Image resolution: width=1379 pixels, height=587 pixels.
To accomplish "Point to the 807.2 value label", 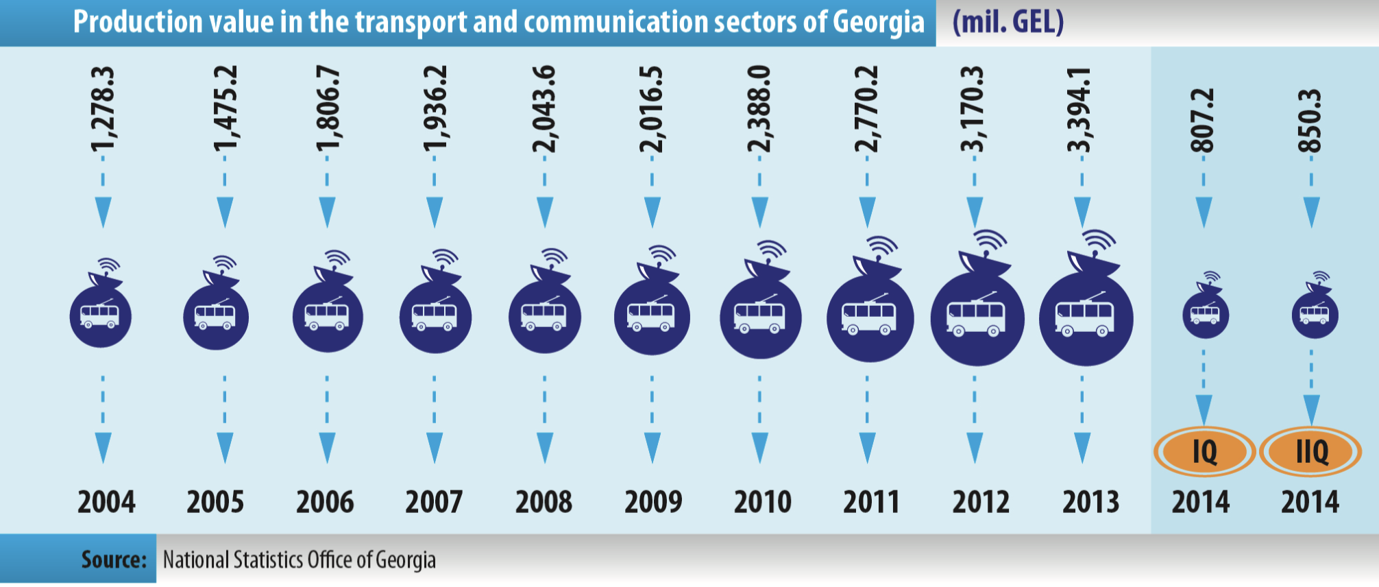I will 1204,121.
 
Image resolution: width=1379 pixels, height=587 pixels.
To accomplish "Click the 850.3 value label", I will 1310,121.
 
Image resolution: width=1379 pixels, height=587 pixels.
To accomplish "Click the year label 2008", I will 544,503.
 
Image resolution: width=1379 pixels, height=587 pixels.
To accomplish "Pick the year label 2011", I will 871,503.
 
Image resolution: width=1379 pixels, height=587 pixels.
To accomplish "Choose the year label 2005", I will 215,503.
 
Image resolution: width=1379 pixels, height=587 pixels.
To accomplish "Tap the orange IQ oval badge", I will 1204,452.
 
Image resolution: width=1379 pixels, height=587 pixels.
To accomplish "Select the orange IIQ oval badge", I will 1311,452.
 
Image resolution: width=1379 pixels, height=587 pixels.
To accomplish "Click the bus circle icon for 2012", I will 977,319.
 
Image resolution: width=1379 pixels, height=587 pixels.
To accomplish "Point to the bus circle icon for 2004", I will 101,317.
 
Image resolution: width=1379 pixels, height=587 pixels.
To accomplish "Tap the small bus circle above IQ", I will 1206,315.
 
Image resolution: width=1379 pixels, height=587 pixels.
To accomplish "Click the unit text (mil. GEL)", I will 1008,22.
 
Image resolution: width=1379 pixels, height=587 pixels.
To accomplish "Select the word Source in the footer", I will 114,560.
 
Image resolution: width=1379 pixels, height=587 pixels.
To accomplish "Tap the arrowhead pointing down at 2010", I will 759,448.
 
